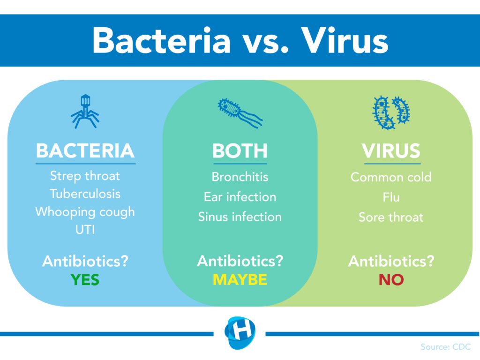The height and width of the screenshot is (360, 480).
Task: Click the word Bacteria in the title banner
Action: [162, 40]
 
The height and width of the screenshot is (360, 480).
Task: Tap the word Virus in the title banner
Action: [345, 40]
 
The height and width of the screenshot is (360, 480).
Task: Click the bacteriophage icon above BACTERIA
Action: [85, 112]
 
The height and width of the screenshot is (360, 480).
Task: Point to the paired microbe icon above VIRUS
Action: [391, 112]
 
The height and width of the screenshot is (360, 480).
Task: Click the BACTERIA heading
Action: [85, 150]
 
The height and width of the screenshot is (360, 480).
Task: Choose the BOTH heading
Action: [240, 150]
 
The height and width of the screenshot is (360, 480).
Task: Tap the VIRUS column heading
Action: [391, 150]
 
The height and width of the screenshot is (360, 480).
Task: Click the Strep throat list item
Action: [85, 176]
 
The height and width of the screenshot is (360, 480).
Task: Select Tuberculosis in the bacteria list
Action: [85, 194]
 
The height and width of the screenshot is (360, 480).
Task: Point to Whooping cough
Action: [85, 212]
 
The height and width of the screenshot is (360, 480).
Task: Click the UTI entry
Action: [85, 230]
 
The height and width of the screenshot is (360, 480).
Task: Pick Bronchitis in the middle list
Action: [240, 177]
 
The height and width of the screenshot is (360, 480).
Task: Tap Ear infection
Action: [240, 197]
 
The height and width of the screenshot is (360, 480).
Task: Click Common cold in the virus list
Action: [391, 177]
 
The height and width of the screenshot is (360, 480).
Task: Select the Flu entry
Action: [391, 197]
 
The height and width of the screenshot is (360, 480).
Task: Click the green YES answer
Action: [85, 280]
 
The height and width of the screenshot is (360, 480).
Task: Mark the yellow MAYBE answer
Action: [240, 280]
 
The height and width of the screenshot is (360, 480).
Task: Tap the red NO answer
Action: [391, 280]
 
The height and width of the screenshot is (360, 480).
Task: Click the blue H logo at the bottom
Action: [240, 333]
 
